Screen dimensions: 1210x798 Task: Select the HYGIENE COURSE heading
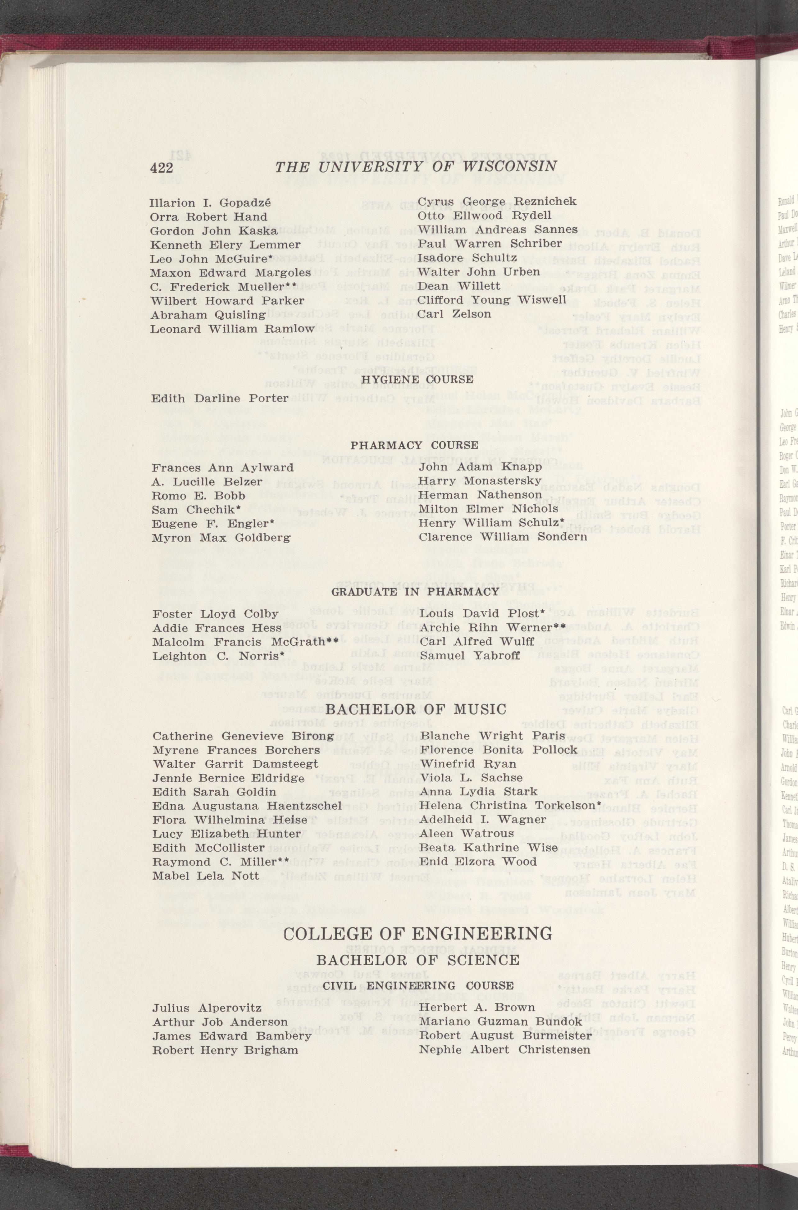tap(417, 380)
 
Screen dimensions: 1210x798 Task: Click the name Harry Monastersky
tap(480, 480)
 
